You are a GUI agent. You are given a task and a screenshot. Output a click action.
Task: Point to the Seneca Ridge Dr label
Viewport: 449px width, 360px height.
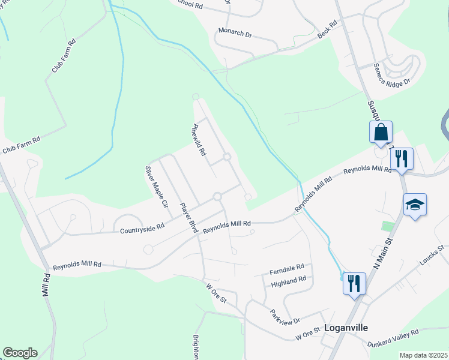point(391,74)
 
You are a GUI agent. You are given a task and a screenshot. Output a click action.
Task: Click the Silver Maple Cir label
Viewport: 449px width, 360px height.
point(155,187)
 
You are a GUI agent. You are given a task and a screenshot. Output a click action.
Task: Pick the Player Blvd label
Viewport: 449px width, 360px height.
point(189,218)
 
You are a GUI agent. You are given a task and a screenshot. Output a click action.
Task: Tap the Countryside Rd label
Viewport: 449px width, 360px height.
point(142,229)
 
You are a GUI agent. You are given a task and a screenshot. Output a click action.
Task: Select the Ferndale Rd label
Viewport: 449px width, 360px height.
point(288,266)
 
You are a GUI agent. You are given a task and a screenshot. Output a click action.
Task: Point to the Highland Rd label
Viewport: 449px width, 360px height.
point(288,279)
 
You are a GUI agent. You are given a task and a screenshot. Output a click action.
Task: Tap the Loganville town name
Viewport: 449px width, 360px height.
point(346,328)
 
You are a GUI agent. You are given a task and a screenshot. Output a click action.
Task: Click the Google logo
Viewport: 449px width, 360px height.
point(20,353)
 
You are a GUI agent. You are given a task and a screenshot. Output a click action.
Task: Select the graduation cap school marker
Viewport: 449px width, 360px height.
point(415,205)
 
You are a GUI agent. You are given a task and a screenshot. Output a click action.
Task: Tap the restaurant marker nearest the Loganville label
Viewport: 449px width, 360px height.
point(354,282)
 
